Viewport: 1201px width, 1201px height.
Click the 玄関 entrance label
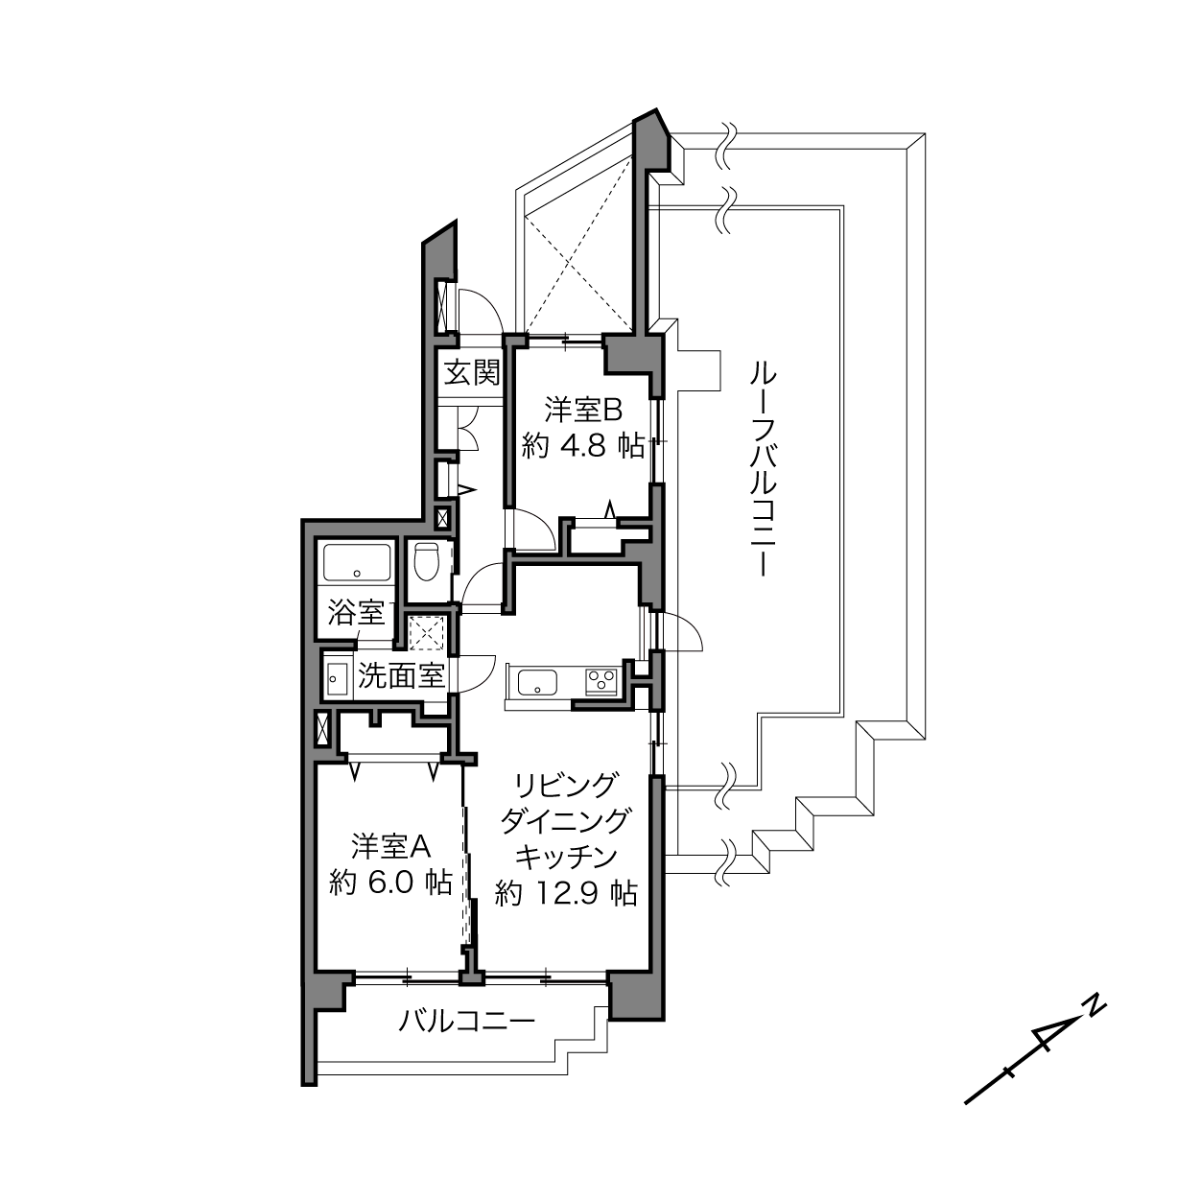point(472,373)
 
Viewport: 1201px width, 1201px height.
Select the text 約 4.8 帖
point(583,446)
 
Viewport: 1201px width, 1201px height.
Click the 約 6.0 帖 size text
point(390,883)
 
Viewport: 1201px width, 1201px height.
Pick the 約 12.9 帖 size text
point(566,894)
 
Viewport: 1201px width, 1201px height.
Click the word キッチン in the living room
point(566,858)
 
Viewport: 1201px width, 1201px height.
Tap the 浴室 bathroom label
point(356,614)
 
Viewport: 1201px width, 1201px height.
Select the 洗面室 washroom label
point(401,675)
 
